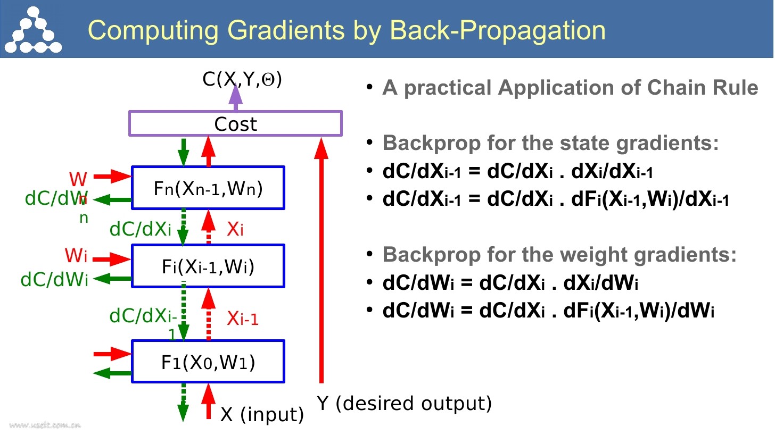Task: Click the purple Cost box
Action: [x=235, y=123]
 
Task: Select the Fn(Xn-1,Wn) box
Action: [x=208, y=188]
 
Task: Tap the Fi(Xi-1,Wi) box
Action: [x=208, y=265]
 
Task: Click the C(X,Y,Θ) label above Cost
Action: [x=242, y=80]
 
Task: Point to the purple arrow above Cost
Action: [x=235, y=97]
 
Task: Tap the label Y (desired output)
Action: [x=404, y=404]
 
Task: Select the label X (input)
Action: [x=262, y=414]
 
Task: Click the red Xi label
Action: [x=235, y=229]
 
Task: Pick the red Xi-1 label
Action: [x=243, y=318]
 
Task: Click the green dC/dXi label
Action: [x=141, y=229]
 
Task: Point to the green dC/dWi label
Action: [x=54, y=279]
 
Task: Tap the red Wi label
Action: [x=76, y=256]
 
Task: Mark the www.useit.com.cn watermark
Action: [x=45, y=425]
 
